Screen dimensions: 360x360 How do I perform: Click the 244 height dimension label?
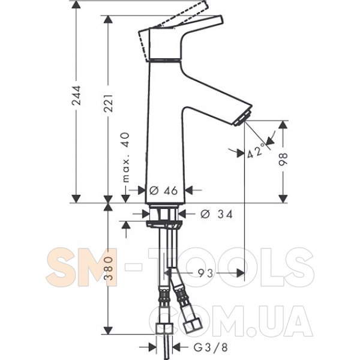pyautogui.click(x=76, y=95)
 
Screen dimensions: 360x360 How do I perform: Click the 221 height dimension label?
pyautogui.click(x=108, y=103)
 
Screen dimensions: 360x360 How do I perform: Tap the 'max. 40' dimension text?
pyautogui.click(x=126, y=157)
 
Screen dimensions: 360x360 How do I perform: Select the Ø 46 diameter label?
pyautogui.click(x=163, y=190)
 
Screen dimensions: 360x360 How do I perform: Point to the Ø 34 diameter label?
pyautogui.click(x=217, y=214)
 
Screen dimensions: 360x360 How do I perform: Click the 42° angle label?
pyautogui.click(x=257, y=152)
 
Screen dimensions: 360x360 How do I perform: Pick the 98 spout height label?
pyautogui.click(x=283, y=160)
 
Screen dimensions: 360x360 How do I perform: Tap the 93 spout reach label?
pyautogui.click(x=206, y=273)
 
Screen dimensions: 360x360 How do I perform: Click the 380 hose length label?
pyautogui.click(x=108, y=268)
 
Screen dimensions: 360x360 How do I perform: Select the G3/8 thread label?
pyautogui.click(x=211, y=347)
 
